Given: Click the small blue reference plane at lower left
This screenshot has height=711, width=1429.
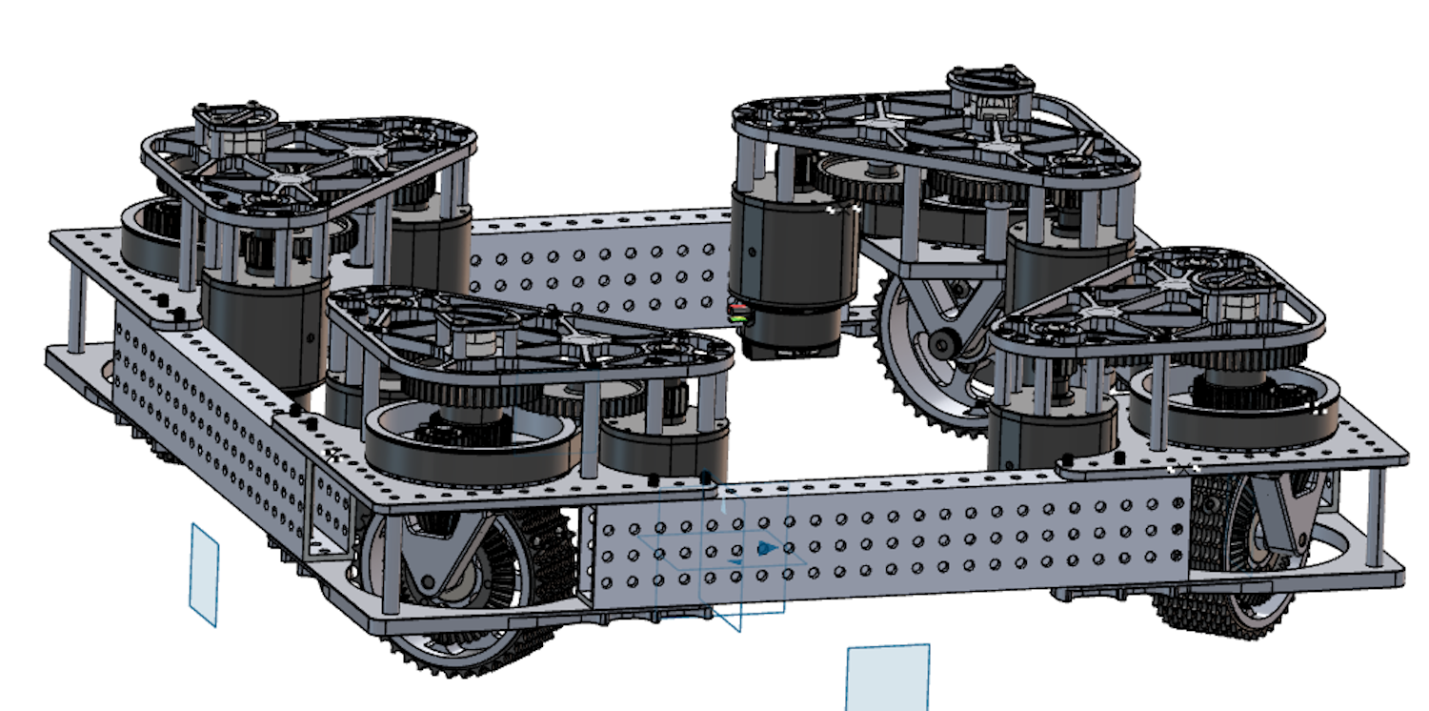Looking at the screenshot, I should [204, 574].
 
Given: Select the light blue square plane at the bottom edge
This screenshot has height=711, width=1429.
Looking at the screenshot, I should [887, 678].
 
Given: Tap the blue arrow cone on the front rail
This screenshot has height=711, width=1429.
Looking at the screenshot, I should [764, 548].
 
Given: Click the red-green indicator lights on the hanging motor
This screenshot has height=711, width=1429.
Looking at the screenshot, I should [736, 314].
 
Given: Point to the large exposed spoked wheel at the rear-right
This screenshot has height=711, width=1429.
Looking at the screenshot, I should [929, 353].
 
